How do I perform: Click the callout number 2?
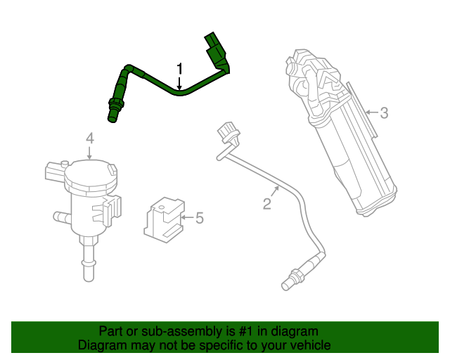click(x=267, y=205)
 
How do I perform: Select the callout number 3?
click(x=383, y=112)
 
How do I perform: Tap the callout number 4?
click(x=90, y=137)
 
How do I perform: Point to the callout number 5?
click(x=200, y=219)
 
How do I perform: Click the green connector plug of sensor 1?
click(x=214, y=44)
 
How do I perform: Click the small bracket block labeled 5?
click(x=163, y=217)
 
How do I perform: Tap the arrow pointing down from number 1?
click(x=179, y=84)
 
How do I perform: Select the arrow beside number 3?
click(x=371, y=112)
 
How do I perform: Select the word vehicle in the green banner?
click(x=307, y=345)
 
